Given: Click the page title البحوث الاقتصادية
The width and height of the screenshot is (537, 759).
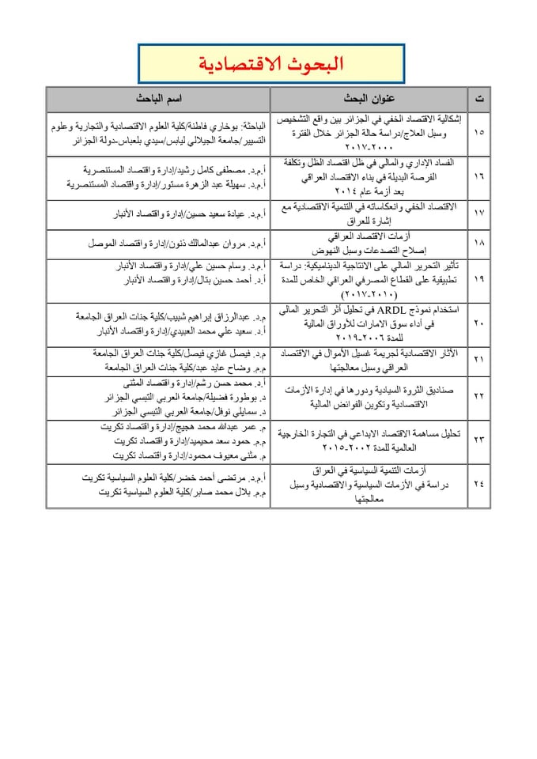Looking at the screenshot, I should point(269,64).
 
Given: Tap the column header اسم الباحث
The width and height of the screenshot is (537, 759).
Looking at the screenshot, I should point(158,100).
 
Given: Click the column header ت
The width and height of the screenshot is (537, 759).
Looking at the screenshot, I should point(480,100).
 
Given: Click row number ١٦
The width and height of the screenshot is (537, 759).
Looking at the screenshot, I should point(480,179).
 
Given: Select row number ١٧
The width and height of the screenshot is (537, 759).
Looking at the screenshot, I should point(480,214).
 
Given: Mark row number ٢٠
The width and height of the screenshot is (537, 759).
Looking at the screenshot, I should point(480,323).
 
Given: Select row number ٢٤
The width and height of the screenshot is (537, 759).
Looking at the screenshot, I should point(480,479).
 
